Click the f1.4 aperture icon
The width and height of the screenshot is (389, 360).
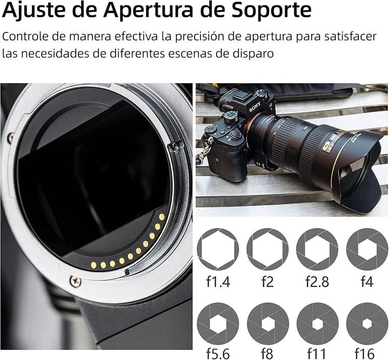point(218,249)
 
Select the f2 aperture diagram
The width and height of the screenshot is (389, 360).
point(267,249)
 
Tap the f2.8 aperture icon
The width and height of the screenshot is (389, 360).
point(317,249)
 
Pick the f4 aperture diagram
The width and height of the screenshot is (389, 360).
point(367,249)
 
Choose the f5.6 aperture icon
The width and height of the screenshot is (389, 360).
point(218,323)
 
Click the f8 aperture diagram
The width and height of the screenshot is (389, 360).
point(267,323)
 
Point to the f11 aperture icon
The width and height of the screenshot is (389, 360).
point(317,323)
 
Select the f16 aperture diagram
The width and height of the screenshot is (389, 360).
point(367,323)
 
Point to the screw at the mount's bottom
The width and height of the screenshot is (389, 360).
point(75,281)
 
